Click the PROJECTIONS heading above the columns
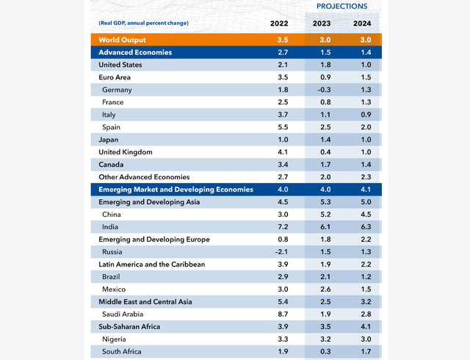[x=341, y=6]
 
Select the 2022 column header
[x=279, y=23]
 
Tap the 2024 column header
[x=362, y=23]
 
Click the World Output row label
[x=123, y=40]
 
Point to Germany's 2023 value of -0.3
[x=322, y=90]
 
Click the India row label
[x=112, y=227]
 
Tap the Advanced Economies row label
[x=135, y=52]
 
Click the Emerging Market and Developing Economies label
[x=176, y=190]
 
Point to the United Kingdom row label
[x=126, y=152]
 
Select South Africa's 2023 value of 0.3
[x=322, y=352]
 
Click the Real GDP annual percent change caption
[x=143, y=24]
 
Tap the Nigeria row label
[x=115, y=339]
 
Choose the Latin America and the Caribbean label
[x=152, y=264]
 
